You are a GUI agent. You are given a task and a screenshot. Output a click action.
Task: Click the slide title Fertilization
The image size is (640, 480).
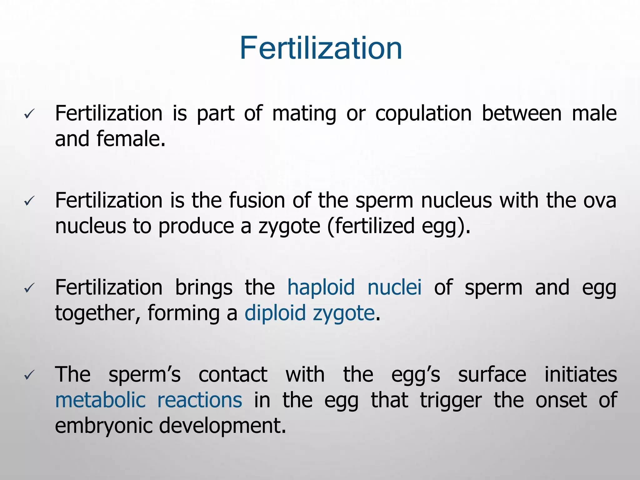click(x=321, y=48)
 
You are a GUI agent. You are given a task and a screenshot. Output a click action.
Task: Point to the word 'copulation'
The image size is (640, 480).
click(x=423, y=113)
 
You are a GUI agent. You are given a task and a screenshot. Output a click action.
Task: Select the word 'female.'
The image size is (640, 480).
click(x=131, y=139)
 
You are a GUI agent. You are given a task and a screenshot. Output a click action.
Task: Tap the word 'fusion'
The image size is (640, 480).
click(x=257, y=200)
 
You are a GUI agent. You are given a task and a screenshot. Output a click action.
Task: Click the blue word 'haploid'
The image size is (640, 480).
click(x=321, y=287)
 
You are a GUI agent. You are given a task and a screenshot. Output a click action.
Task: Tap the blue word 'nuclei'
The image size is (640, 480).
click(x=394, y=287)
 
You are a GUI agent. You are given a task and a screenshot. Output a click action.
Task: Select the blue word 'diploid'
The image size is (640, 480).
click(x=275, y=313)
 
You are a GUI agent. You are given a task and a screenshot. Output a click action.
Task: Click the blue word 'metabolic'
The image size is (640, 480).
click(x=100, y=400)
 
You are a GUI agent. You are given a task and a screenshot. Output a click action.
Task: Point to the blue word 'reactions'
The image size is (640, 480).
click(x=199, y=400)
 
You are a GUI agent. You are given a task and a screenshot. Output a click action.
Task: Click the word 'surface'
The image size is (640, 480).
click(x=492, y=374)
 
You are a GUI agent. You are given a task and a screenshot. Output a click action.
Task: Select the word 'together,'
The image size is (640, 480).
click(x=97, y=314)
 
